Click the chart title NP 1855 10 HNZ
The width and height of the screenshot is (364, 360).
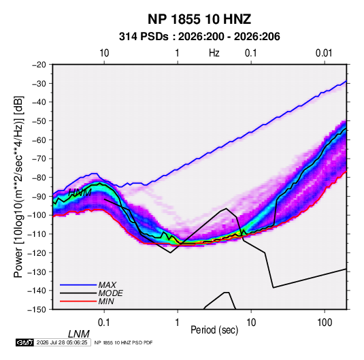(x=199, y=19)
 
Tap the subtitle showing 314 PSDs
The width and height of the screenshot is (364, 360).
(x=199, y=37)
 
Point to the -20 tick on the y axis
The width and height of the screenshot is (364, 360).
(x=39, y=65)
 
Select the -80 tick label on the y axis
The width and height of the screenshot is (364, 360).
(x=39, y=178)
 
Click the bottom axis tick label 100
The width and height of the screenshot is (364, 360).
(x=325, y=323)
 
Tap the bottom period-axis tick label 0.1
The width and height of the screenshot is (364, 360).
(x=104, y=323)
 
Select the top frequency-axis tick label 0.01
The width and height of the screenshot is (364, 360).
(x=324, y=53)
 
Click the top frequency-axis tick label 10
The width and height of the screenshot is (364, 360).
(x=104, y=53)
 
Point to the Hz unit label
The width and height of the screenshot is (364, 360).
(x=214, y=53)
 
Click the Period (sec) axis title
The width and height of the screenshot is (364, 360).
(x=214, y=330)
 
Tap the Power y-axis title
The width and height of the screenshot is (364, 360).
(x=18, y=186)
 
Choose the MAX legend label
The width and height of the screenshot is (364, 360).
(x=107, y=284)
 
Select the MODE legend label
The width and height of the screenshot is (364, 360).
(x=110, y=293)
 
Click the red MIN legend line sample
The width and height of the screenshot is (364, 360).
(x=78, y=301)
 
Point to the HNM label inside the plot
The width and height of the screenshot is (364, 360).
(x=80, y=193)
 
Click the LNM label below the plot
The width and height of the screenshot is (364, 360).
(x=79, y=334)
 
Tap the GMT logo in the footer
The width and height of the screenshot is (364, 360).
(x=25, y=342)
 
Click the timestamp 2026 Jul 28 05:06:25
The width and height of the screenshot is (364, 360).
(x=62, y=342)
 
